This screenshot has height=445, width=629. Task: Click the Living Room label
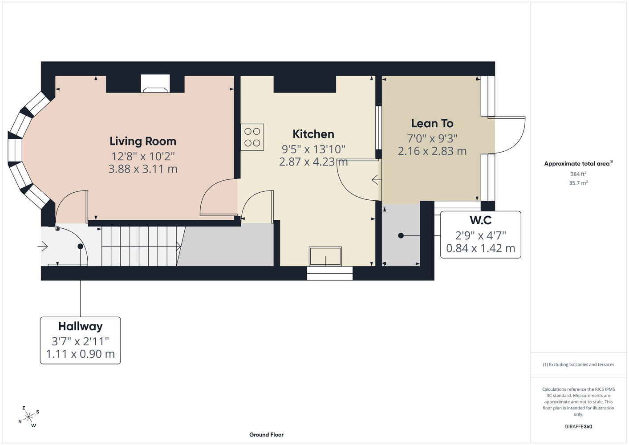pos(143,141)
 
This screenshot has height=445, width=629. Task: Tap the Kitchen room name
pos(313,134)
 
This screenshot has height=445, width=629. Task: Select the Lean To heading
pos(432,123)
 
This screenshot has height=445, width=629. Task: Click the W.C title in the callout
pos(481,220)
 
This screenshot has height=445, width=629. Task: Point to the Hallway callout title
pos(80,326)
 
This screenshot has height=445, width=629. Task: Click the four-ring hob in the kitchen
pos(252,138)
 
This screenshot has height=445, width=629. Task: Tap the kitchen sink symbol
pos(325,256)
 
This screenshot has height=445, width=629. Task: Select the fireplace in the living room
pos(155,83)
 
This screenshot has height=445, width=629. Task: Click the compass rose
pos(28,417)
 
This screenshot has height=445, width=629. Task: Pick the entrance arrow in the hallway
pos(43,247)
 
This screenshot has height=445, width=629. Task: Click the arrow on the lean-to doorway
pos(376,179)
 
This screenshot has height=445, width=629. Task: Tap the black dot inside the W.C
pos(401,235)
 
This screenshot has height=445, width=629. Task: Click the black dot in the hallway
pos(80,246)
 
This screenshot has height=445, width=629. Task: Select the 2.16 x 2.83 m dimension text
pos(432,151)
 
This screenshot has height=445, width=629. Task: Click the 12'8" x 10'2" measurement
pos(143,156)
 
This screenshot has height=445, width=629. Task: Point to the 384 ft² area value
pos(578,174)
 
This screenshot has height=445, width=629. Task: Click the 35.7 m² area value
pos(578,183)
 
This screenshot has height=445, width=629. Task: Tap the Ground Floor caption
pos(267,435)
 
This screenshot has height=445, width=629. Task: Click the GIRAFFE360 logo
pos(578,426)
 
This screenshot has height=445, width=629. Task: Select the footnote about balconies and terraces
pos(578,364)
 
